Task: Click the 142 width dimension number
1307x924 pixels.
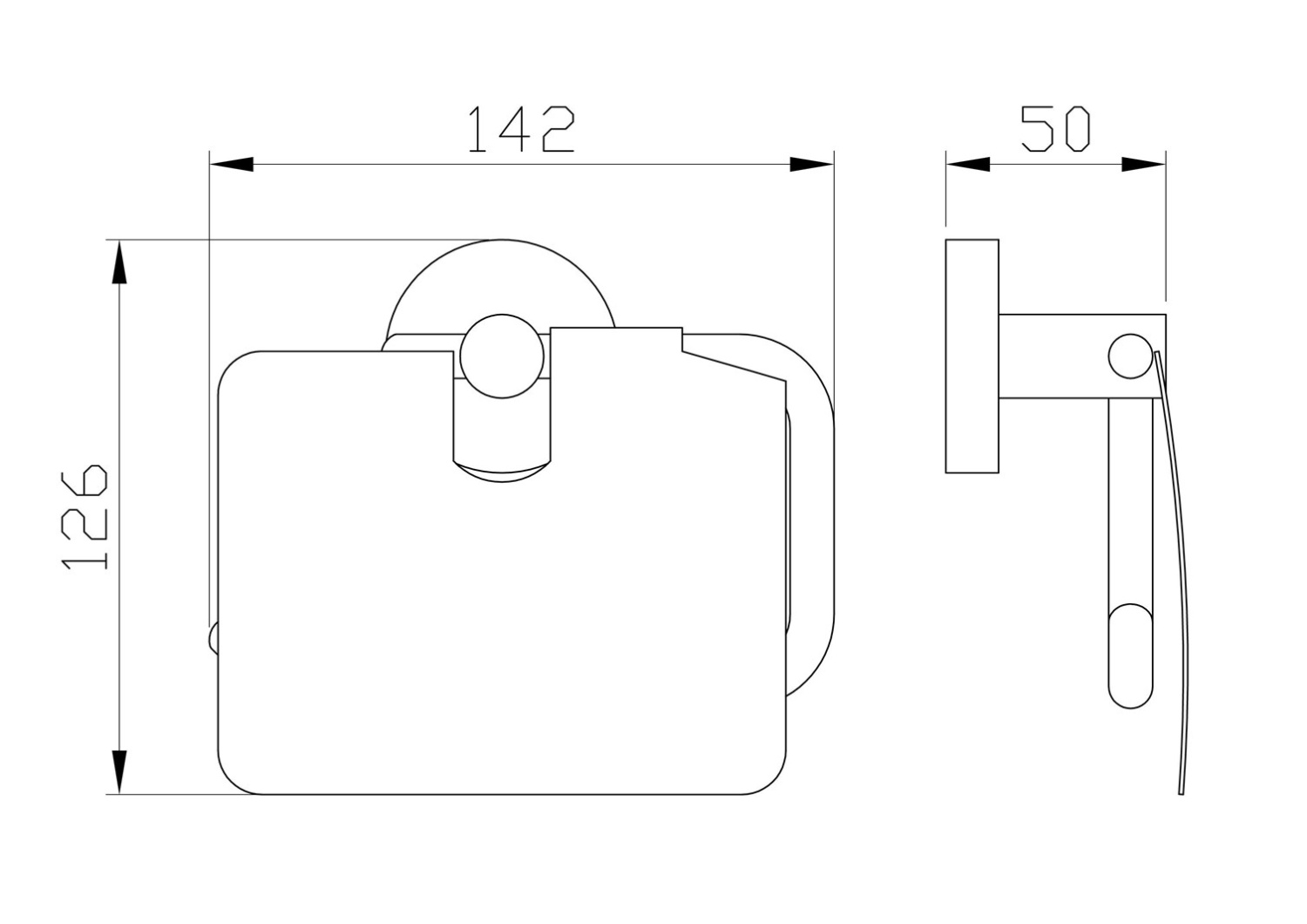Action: [522, 129]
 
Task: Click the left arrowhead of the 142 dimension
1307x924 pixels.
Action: [232, 165]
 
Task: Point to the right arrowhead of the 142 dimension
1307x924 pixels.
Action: [811, 165]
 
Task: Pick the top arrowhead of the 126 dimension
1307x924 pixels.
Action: [119, 262]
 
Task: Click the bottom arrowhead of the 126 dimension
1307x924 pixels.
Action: [119, 772]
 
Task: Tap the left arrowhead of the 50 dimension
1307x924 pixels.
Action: [968, 165]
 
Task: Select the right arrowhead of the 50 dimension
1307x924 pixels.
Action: [1143, 165]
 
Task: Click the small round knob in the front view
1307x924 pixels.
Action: [502, 356]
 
